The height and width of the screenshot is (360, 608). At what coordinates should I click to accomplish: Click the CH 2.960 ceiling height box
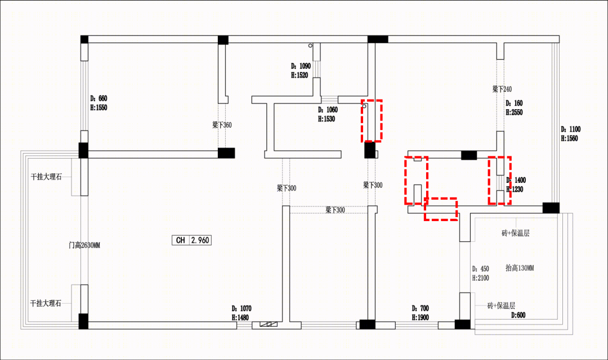(x=191, y=240)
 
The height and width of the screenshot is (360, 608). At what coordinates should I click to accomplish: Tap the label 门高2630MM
(x=84, y=245)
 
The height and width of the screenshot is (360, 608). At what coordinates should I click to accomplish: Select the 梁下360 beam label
(x=222, y=125)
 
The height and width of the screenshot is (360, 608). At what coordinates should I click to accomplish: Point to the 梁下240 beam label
(x=502, y=89)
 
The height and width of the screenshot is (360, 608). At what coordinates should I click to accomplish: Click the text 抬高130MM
(x=520, y=268)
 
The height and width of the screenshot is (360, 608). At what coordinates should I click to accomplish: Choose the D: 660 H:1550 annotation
(x=99, y=103)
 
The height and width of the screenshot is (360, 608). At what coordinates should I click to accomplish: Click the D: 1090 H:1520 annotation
(x=301, y=70)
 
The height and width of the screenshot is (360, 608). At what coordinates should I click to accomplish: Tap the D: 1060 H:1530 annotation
(x=328, y=114)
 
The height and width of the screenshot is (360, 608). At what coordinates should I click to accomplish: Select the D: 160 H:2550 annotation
(x=514, y=108)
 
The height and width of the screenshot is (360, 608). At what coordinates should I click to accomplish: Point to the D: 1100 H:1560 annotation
(x=570, y=134)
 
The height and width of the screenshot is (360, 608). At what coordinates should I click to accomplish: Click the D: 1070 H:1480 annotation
(x=241, y=313)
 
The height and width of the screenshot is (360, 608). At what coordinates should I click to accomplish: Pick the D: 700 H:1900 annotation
(x=421, y=313)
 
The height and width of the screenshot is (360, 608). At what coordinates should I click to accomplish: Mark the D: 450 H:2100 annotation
(x=480, y=273)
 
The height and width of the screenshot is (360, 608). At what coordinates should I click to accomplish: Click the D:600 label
(x=518, y=315)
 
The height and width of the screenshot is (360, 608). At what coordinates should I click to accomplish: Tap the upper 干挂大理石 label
(x=46, y=177)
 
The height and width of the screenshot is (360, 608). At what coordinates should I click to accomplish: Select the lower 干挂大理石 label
(x=46, y=303)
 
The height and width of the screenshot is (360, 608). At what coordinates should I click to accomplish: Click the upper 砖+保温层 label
(x=516, y=233)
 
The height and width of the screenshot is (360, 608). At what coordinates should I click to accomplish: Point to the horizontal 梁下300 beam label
(x=335, y=210)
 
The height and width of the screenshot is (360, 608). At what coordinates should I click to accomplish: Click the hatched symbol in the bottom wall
(x=269, y=324)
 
